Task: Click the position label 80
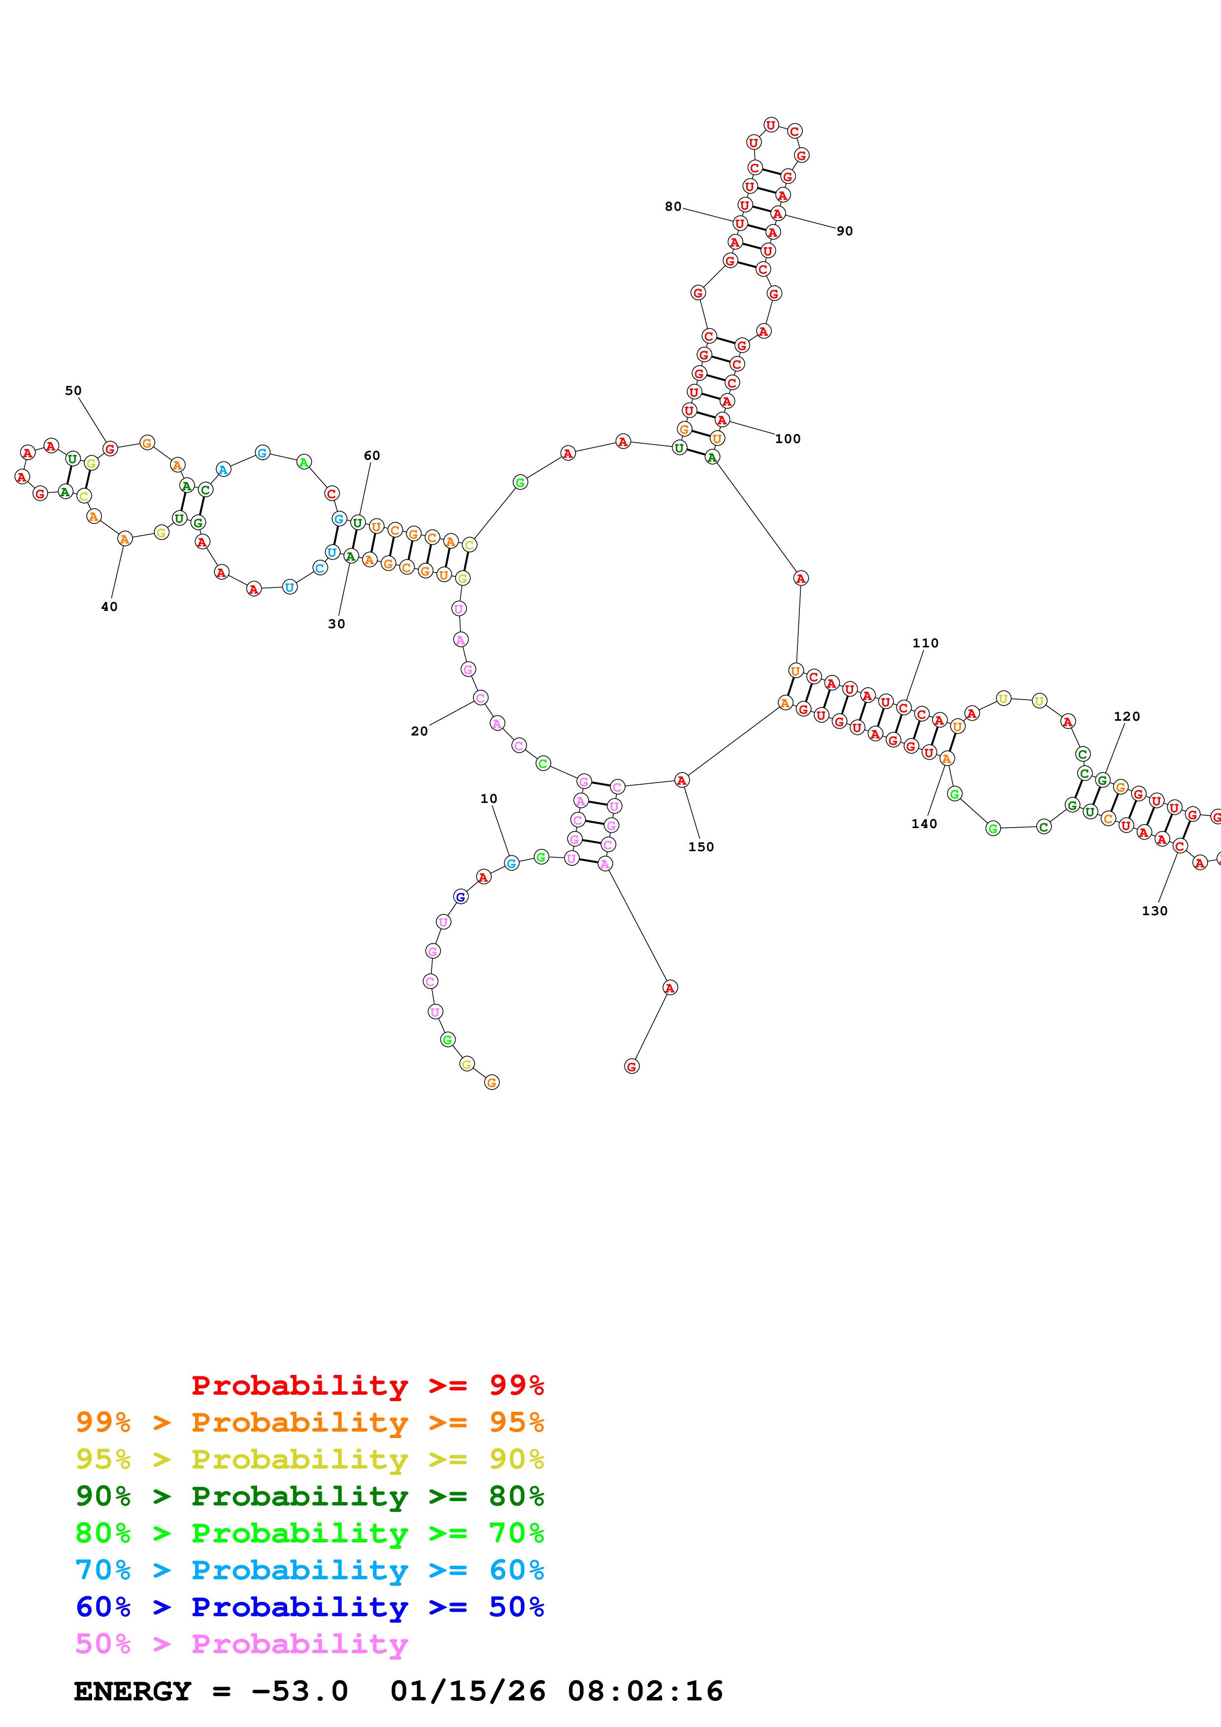tap(673, 206)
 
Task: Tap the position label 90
tap(844, 231)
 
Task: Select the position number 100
tap(788, 439)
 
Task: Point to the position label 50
tap(73, 390)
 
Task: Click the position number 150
tap(700, 846)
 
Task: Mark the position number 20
tap(419, 731)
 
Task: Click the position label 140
tap(924, 824)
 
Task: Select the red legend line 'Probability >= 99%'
tap(367, 1385)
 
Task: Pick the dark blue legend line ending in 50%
tap(309, 1607)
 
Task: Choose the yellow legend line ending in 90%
tap(309, 1459)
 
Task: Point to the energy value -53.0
tap(299, 1691)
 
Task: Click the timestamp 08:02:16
tap(645, 1691)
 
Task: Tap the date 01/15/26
tap(467, 1691)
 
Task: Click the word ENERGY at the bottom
tap(132, 1691)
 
